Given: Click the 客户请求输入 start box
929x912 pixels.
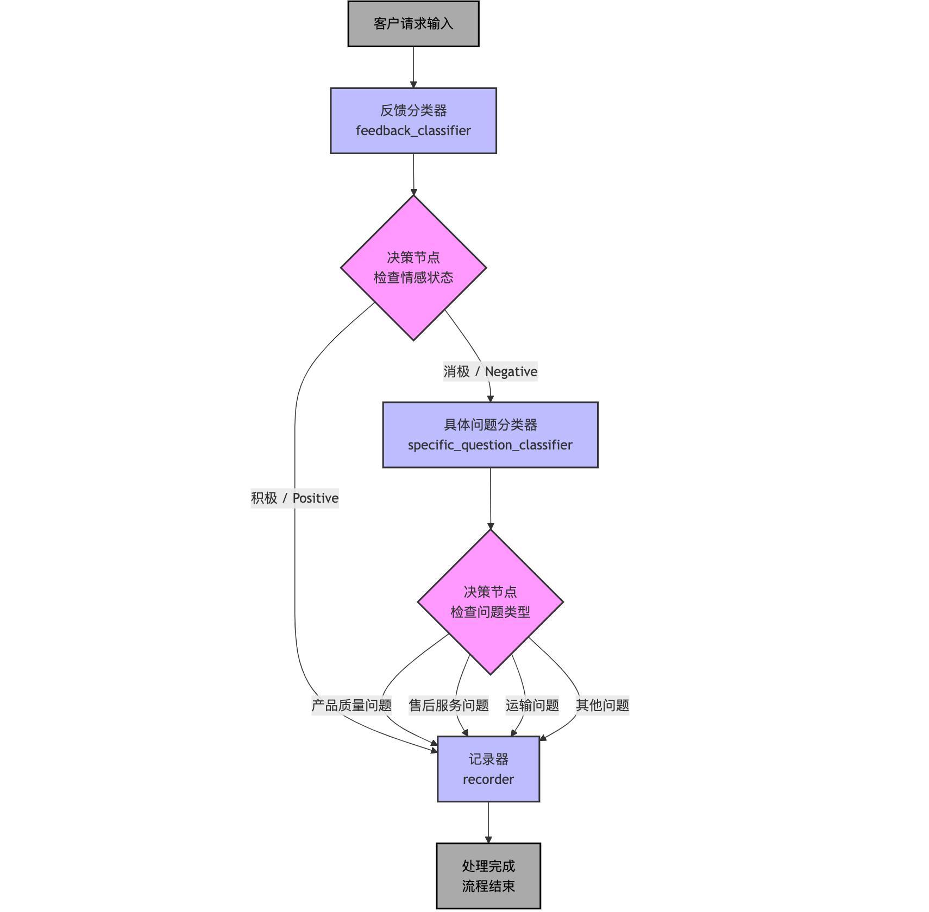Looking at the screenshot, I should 413,24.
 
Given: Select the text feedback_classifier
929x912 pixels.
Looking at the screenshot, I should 413,131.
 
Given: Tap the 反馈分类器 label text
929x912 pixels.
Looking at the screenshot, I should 413,111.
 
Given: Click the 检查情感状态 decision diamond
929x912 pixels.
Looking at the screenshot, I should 413,268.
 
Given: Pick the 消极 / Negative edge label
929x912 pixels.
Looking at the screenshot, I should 490,372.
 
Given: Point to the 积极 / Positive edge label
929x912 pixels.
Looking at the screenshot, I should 294,498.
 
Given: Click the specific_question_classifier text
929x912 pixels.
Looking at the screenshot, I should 490,445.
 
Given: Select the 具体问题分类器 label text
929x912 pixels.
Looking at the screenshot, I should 490,425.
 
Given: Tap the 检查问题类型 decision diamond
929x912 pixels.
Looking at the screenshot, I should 490,602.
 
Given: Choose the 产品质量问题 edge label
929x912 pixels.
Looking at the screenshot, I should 351,705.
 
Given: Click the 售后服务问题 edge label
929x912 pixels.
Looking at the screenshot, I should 448,705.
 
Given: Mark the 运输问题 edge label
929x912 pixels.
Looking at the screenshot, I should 532,705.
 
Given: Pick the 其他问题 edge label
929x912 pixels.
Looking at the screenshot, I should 602,705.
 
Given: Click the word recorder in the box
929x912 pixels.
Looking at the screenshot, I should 488,780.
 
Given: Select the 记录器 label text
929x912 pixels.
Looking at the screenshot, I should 488,759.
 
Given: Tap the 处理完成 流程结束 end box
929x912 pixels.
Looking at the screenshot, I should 488,876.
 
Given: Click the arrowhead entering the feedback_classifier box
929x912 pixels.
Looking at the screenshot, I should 413,84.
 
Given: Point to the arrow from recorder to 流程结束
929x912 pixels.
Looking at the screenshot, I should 488,822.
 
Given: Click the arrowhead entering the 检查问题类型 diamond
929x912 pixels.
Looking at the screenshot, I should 491,526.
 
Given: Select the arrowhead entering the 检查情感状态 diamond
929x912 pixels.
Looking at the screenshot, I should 413,192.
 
